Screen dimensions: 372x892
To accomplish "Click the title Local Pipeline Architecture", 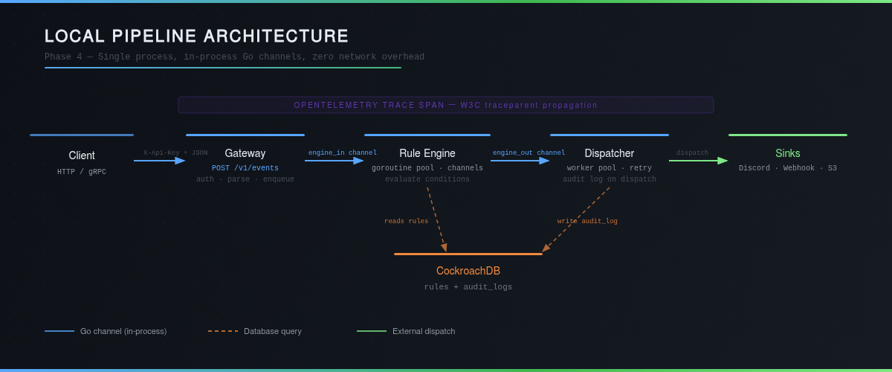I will (x=196, y=36).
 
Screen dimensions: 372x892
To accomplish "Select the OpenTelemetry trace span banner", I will (x=445, y=105).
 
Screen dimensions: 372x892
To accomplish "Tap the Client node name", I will (x=82, y=155).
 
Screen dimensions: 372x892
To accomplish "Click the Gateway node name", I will (x=245, y=153).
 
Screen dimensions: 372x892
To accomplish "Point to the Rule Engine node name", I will (x=427, y=153).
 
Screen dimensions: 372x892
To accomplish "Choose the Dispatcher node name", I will (x=609, y=153).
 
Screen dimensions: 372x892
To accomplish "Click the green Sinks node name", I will (x=787, y=153).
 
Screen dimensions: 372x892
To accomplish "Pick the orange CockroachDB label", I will (x=468, y=271).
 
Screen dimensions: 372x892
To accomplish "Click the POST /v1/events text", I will (x=245, y=168).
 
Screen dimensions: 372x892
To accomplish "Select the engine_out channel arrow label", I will (x=529, y=153).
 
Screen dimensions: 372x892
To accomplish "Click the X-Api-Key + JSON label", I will (x=175, y=153).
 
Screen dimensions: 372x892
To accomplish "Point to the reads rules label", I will (x=406, y=221).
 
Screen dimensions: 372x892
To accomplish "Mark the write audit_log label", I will (x=587, y=221).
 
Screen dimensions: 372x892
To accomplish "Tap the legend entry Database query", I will (x=272, y=331).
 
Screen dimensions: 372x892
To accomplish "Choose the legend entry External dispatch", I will (x=423, y=331).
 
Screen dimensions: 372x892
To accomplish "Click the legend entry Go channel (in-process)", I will (x=123, y=331).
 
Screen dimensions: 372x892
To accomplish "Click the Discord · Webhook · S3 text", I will (x=787, y=168).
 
